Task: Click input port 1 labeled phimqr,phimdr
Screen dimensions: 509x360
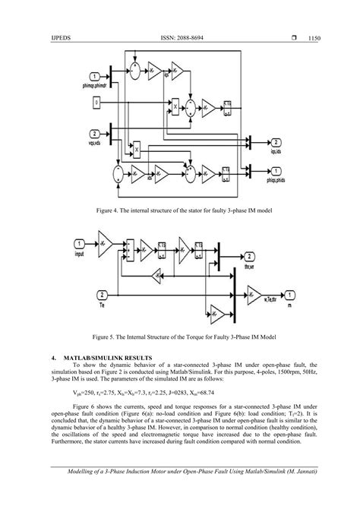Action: click(x=93, y=77)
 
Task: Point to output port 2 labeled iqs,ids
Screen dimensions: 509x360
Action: click(x=276, y=143)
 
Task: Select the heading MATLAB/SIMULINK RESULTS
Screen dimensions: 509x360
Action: click(x=106, y=357)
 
